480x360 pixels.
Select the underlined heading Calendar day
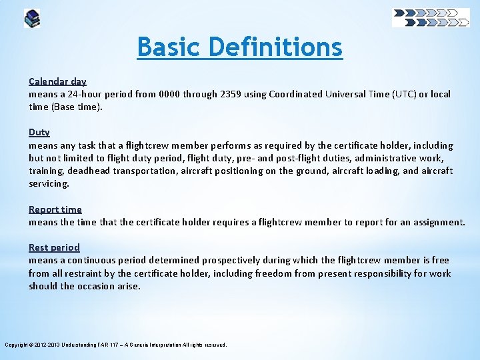(x=57, y=81)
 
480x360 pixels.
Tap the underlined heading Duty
(x=39, y=133)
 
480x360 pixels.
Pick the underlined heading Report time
(x=55, y=209)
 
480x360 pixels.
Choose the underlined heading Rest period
(x=54, y=247)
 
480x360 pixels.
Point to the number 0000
(x=168, y=94)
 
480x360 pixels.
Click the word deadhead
(x=89, y=171)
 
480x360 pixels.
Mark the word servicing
(x=49, y=183)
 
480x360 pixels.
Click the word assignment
(x=439, y=222)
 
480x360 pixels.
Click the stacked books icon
(x=32, y=18)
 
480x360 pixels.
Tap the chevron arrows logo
(x=431, y=17)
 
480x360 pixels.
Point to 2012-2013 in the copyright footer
(x=44, y=345)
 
